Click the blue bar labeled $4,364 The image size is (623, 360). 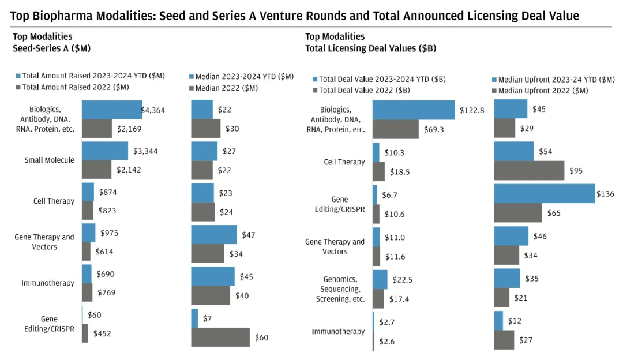pos(112,110)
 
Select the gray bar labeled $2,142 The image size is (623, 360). pos(96,170)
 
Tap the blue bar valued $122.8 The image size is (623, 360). pos(413,110)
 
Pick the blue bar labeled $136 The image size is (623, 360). pos(544,193)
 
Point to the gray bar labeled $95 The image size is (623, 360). pos(529,170)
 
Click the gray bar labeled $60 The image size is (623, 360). pos(220,337)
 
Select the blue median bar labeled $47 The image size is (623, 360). pos(213,235)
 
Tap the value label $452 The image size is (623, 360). pos(103,333)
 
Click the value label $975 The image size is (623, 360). pos(108,233)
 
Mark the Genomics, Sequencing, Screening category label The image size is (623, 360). pos(340,289)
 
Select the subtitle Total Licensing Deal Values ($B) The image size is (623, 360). pos(370,49)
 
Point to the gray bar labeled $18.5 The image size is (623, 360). pos(378,171)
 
